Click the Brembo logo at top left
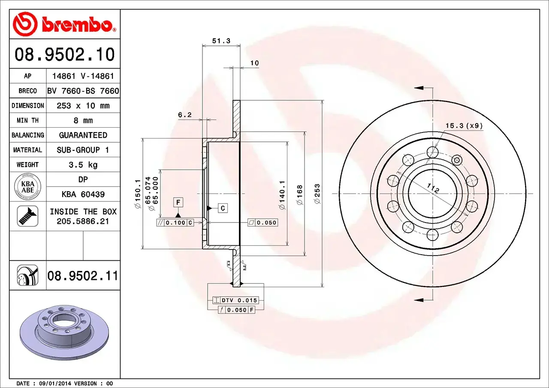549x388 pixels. (64, 24)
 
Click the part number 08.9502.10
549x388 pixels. (65, 55)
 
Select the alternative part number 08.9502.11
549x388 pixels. (82, 276)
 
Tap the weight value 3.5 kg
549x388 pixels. (83, 165)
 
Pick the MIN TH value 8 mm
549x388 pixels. (83, 120)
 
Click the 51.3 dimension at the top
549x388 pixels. (221, 41)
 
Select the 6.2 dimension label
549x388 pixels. (184, 114)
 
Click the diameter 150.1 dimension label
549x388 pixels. (138, 194)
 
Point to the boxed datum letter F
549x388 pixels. (178, 202)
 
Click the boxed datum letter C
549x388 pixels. (223, 208)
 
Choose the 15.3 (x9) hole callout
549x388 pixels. (464, 126)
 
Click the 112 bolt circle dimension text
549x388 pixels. (433, 188)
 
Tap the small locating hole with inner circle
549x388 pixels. (457, 161)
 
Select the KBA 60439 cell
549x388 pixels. (83, 194)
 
